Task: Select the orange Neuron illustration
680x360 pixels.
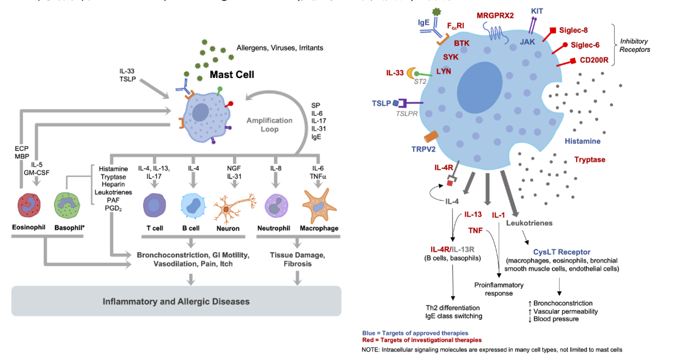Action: pyautogui.click(x=235, y=208)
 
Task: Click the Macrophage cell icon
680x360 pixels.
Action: pyautogui.click(x=319, y=205)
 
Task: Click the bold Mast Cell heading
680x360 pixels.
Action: pyautogui.click(x=232, y=75)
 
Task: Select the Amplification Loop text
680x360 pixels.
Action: pyautogui.click(x=270, y=125)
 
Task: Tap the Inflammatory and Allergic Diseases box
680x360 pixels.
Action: pyautogui.click(x=176, y=301)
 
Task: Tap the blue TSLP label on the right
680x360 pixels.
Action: pyautogui.click(x=381, y=103)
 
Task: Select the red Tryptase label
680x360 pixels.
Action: pyautogui.click(x=590, y=159)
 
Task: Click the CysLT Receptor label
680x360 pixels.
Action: pyautogui.click(x=562, y=252)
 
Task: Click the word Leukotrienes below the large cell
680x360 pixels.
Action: pyautogui.click(x=530, y=222)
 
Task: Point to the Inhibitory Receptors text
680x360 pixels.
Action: pyautogui.click(x=634, y=46)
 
